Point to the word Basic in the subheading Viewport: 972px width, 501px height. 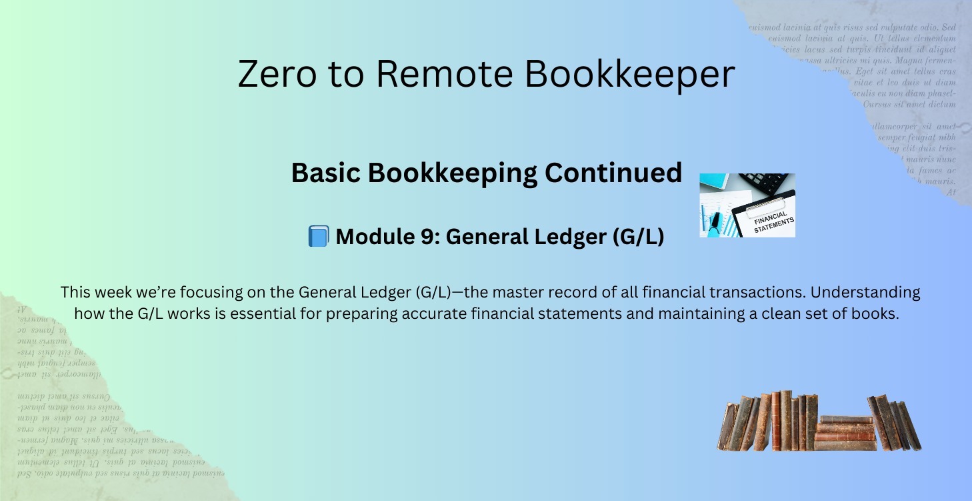point(326,173)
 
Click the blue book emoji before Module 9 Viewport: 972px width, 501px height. point(318,237)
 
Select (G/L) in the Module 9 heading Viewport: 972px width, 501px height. point(638,237)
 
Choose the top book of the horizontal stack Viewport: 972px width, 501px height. point(846,420)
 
